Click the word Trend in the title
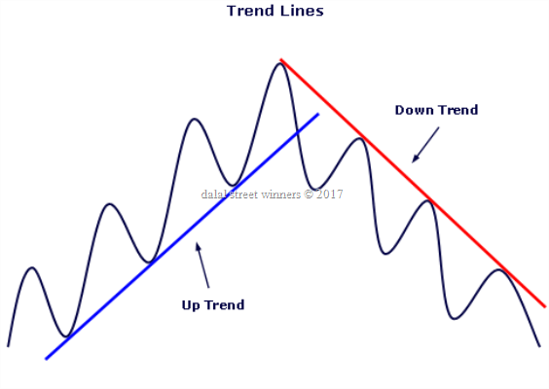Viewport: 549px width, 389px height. point(250,11)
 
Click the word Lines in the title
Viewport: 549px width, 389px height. point(302,11)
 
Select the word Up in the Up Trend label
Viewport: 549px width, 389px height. point(190,305)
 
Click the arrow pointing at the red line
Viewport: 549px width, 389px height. point(425,145)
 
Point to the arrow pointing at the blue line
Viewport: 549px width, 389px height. point(202,265)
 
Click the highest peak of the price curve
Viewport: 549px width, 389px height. point(279,63)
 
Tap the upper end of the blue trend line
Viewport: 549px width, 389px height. point(318,114)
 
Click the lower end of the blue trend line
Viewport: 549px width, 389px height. point(46,359)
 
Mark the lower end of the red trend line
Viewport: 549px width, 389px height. point(545,306)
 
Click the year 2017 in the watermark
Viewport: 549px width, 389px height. point(329,194)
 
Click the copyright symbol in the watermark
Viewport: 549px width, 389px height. point(309,194)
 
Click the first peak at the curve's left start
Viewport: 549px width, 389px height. point(32,268)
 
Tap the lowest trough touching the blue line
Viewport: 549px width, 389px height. point(66,336)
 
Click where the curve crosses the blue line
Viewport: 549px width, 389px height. point(297,132)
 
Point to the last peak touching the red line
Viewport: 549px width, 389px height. point(498,269)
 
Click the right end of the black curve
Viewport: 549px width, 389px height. point(539,346)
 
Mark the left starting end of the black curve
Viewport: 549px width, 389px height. point(8,346)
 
